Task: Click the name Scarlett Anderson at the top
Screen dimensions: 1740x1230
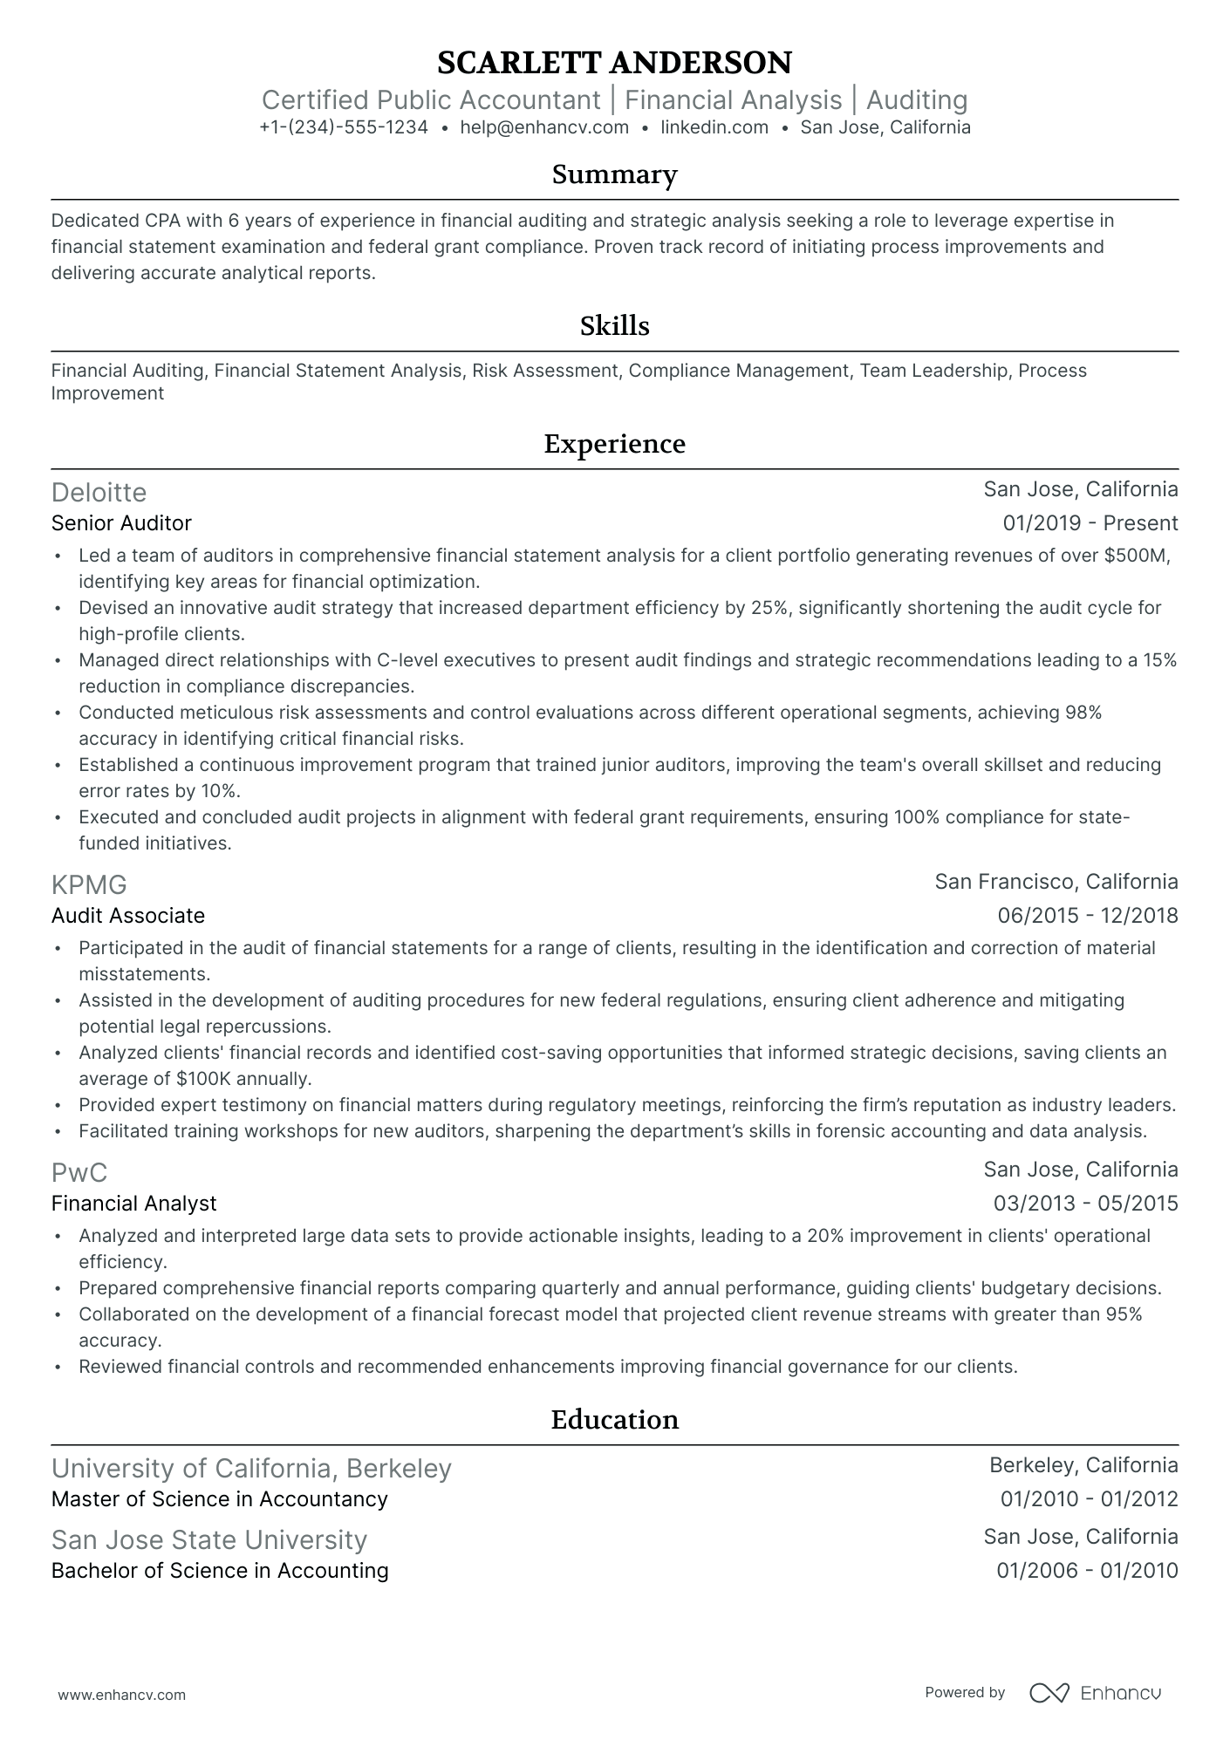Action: click(614, 63)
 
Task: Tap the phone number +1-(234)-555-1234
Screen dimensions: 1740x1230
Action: click(344, 127)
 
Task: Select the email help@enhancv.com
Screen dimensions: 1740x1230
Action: click(544, 127)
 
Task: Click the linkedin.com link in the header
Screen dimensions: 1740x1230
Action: click(714, 127)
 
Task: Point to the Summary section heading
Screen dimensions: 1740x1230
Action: click(614, 174)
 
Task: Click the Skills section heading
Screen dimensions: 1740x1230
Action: click(614, 326)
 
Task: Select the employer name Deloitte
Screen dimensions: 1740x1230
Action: click(99, 493)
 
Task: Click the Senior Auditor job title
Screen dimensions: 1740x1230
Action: click(121, 523)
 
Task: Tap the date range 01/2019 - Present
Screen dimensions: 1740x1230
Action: click(1090, 523)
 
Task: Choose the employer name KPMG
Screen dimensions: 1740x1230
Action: click(89, 885)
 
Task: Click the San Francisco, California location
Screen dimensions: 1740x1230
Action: click(1056, 882)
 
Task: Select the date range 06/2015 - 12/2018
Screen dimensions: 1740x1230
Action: click(1087, 916)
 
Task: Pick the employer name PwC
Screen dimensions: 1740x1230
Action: click(79, 1173)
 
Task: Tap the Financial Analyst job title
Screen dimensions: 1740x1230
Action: click(133, 1204)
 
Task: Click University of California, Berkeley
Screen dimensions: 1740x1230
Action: click(251, 1469)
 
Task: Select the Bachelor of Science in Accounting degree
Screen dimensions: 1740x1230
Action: click(220, 1571)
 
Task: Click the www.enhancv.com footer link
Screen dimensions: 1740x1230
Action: click(121, 1696)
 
